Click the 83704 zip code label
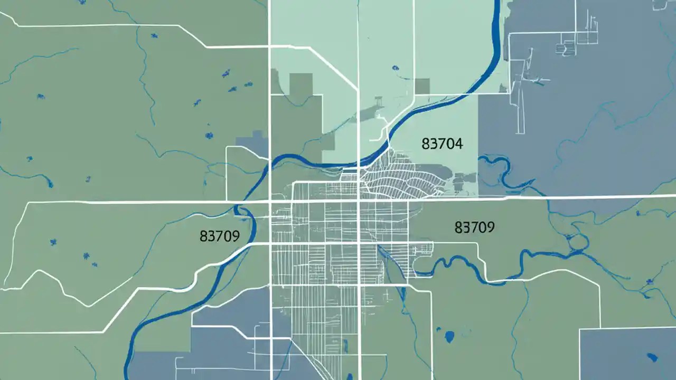tap(443, 144)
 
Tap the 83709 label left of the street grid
tap(220, 236)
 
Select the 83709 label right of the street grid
tap(474, 227)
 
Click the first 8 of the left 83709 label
tap(203, 236)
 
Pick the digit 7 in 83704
tap(443, 144)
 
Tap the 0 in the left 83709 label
tap(228, 236)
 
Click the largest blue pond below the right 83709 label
tap(449, 336)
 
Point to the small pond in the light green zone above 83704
tap(395, 68)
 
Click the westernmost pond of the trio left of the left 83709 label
tap(53, 242)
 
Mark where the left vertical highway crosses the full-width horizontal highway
tap(270, 202)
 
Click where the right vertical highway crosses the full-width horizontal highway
tap(359, 201)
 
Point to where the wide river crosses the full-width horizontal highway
tap(241, 202)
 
